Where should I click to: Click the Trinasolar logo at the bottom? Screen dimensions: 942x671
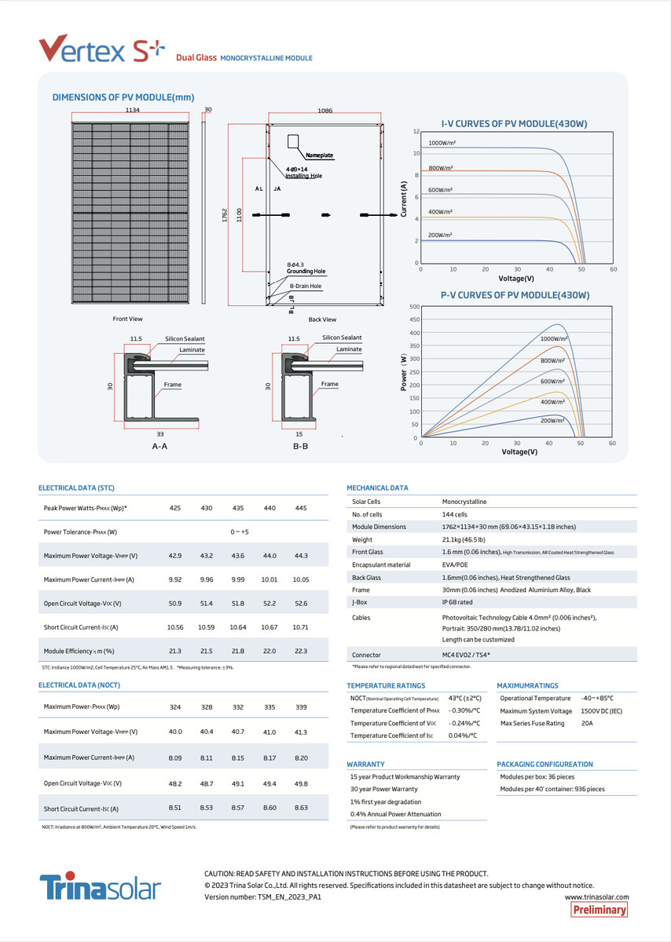click(x=101, y=887)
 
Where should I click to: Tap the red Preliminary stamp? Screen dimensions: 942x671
click(x=599, y=910)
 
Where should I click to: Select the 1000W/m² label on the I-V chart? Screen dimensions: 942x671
click(x=442, y=144)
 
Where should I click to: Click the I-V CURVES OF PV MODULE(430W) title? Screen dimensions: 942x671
click(x=514, y=124)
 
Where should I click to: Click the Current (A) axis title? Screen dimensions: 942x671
click(x=404, y=200)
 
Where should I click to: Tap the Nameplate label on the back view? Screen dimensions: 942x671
click(x=319, y=155)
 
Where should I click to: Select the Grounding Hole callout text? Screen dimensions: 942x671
click(x=306, y=272)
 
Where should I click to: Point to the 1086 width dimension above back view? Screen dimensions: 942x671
click(x=324, y=111)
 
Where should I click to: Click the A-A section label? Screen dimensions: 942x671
click(x=159, y=446)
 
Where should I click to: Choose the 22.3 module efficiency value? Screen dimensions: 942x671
click(x=300, y=651)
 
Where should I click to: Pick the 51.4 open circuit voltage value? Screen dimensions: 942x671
click(x=207, y=604)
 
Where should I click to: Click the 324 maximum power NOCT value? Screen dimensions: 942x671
click(x=175, y=707)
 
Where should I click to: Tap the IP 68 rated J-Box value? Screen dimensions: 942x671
click(x=456, y=602)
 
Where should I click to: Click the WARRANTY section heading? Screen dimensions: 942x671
click(x=365, y=764)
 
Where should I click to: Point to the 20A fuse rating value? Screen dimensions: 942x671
click(x=586, y=723)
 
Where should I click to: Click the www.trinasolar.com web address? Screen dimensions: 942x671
click(x=597, y=896)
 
